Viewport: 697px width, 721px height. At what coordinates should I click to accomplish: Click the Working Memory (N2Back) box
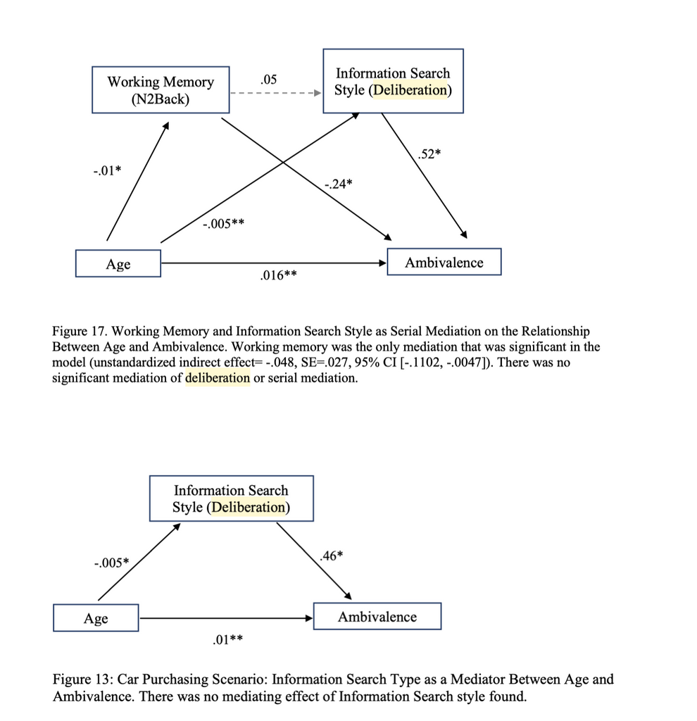tap(161, 89)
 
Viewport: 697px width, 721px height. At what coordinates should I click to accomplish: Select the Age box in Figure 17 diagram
tap(118, 264)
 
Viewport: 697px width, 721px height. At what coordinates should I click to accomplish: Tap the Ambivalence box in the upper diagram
tap(444, 263)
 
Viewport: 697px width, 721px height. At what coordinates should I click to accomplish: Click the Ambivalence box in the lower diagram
tap(377, 617)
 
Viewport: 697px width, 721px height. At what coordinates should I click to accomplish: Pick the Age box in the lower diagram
tap(96, 618)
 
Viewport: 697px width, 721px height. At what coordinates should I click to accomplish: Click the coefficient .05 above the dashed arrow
tap(268, 80)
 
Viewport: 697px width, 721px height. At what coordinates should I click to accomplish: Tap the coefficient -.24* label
tap(339, 184)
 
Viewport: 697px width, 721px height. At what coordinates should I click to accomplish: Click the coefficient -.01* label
tap(107, 170)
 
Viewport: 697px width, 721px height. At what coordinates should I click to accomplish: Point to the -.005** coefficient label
tap(223, 225)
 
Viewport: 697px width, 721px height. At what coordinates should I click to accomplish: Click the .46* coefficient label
tap(332, 556)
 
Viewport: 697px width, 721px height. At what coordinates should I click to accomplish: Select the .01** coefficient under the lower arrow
tap(227, 640)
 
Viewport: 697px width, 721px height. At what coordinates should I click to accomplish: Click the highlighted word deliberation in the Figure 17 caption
tap(218, 377)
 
